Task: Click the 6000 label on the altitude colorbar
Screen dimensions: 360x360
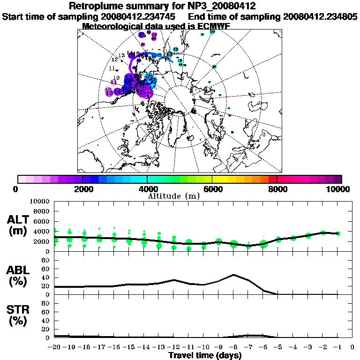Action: tap(212, 189)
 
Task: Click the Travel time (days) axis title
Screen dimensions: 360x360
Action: tap(205, 356)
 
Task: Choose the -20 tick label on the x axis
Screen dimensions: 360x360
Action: tap(55, 347)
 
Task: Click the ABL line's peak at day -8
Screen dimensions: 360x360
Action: tap(233, 275)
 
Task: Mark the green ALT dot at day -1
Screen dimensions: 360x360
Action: tap(337, 233)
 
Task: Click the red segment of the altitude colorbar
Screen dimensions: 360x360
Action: tap(272, 179)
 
